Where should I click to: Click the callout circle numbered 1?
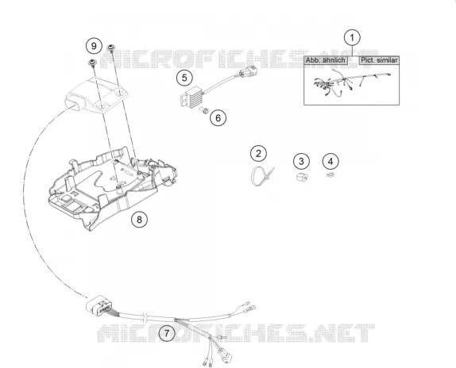coord(352,38)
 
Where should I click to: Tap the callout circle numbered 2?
coord(258,153)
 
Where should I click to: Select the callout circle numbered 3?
coord(301,161)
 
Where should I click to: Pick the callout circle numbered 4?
coord(330,161)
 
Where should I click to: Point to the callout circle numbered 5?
coord(184,78)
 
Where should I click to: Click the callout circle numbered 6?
coord(218,118)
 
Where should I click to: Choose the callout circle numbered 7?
coord(167,333)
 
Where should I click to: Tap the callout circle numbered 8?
coord(139,220)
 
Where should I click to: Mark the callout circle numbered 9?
coord(94,46)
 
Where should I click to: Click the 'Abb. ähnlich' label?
coord(326,60)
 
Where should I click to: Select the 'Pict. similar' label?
coord(379,60)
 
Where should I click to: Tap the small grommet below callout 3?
coord(302,176)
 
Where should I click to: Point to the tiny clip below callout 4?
coord(330,174)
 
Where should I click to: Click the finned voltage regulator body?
coord(191,97)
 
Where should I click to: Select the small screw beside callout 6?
coord(204,110)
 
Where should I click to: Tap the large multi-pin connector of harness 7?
coord(99,306)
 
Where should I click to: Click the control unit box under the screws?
coord(96,95)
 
